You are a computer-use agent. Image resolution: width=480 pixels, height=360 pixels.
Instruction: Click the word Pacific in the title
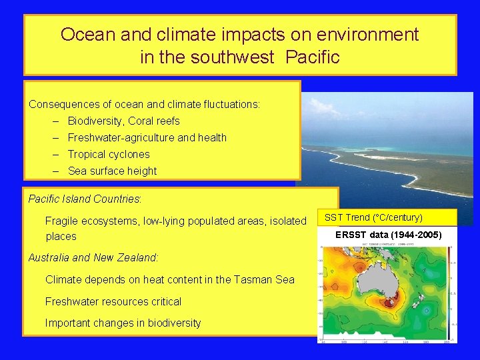click(312, 57)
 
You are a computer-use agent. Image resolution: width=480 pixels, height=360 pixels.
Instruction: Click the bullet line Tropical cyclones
click(109, 155)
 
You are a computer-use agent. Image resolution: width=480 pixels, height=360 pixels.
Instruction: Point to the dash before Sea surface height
click(58, 171)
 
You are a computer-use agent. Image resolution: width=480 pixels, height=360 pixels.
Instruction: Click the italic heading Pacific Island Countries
click(85, 199)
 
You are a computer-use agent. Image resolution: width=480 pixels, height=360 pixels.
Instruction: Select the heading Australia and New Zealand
click(93, 257)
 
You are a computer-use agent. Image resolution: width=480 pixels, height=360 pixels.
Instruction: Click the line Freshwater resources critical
click(113, 301)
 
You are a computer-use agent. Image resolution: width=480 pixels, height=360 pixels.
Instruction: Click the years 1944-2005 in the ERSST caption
click(413, 235)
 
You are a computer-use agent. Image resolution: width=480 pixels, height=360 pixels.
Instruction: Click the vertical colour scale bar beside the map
click(453, 293)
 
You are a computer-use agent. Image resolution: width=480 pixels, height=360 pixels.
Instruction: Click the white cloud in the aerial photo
click(320, 107)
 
